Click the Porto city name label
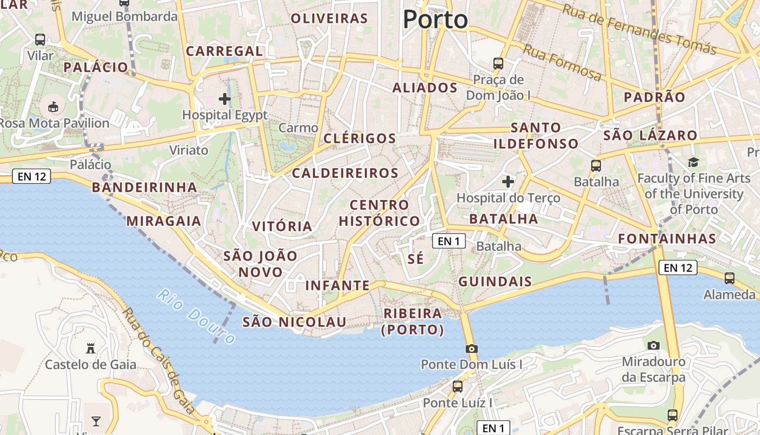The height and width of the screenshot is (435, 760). [x=435, y=20]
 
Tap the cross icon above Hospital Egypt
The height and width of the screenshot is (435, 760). [x=224, y=99]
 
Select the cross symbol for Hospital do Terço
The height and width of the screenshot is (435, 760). [x=508, y=181]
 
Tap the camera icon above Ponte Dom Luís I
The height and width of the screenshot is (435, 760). [x=471, y=349]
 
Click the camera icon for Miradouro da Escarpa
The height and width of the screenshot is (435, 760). [x=654, y=345]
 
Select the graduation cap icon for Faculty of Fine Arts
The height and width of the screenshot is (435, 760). [x=693, y=162]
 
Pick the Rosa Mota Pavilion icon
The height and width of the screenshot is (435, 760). [x=53, y=107]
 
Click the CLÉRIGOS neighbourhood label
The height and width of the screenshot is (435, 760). [x=360, y=138]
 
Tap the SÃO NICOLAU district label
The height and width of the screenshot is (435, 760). [x=294, y=322]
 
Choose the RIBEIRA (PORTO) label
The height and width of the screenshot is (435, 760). [x=413, y=321]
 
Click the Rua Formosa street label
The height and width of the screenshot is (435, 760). [x=562, y=63]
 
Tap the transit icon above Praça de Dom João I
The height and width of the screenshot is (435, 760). [x=498, y=63]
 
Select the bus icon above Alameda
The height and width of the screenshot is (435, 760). [x=729, y=278]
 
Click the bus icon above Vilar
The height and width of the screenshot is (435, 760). [x=40, y=39]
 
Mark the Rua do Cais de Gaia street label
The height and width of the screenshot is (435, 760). [x=159, y=362]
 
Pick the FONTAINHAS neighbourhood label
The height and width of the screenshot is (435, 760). [x=667, y=238]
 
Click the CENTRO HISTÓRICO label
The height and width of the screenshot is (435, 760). [x=379, y=213]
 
